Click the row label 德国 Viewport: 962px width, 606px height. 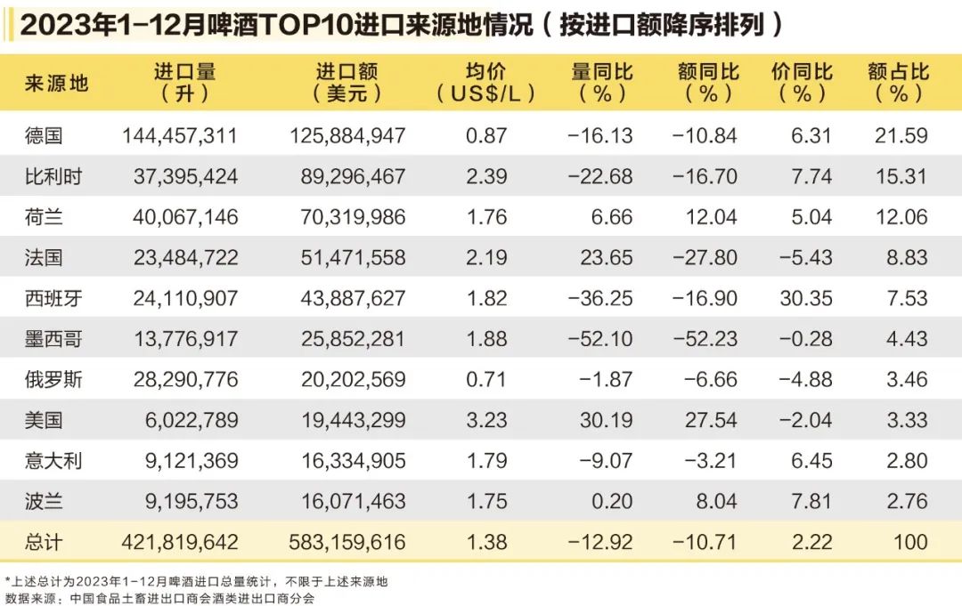click(45, 136)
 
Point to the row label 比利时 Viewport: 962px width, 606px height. click(53, 176)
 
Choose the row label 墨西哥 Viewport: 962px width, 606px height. click(53, 339)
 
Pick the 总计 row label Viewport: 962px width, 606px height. click(45, 541)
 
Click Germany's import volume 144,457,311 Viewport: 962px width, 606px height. click(179, 136)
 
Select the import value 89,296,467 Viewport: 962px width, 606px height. click(347, 176)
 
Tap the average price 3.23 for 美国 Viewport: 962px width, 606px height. click(486, 420)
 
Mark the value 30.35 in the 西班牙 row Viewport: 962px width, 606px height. click(805, 298)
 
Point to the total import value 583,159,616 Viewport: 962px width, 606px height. click(347, 541)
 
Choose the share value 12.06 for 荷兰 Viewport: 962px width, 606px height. click(902, 217)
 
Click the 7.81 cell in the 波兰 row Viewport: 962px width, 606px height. click(811, 501)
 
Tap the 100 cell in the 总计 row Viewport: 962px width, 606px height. click(909, 541)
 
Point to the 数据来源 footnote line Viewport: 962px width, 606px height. click(160, 598)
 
